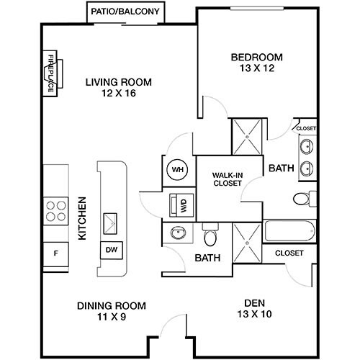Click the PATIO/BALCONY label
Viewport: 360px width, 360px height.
127,12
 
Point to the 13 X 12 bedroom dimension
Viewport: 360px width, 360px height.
256,69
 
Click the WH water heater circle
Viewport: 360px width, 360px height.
176,171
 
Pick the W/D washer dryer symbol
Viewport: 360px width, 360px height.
176,204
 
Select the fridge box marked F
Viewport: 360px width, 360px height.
55,253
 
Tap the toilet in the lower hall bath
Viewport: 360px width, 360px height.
210,236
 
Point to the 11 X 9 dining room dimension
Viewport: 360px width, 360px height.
112,316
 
